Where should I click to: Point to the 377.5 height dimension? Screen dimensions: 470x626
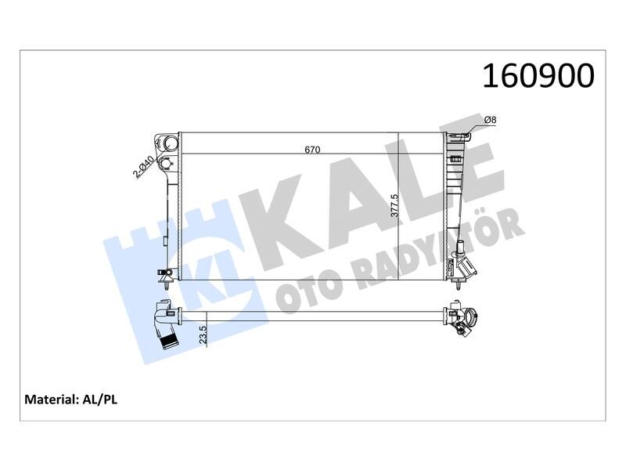point(395,205)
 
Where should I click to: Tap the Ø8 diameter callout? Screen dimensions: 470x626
point(489,118)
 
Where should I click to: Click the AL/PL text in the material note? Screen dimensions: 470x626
point(99,399)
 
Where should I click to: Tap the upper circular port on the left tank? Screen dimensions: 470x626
point(169,143)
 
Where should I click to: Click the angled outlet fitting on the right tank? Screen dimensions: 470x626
point(467,268)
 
